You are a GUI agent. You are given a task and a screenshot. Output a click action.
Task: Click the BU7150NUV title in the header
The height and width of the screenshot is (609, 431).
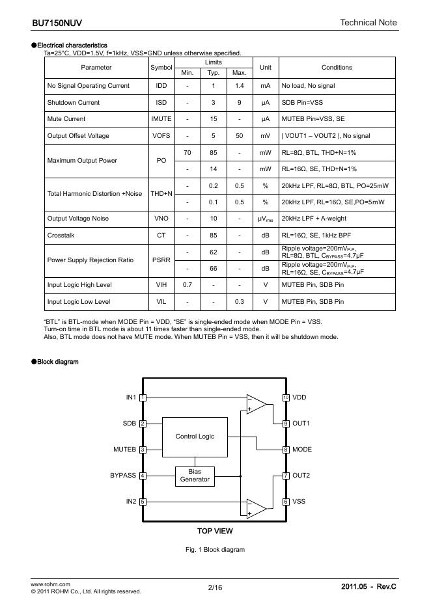57,23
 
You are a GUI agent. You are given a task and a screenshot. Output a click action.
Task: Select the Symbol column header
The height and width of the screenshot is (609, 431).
161,67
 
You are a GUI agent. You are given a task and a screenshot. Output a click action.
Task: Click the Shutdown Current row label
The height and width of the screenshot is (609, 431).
74,102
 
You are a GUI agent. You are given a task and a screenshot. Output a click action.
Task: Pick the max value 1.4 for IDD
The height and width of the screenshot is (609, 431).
240,85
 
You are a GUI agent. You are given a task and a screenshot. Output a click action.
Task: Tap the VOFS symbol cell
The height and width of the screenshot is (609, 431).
161,135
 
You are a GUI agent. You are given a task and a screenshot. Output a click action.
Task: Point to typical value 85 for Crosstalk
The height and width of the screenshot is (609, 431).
213,235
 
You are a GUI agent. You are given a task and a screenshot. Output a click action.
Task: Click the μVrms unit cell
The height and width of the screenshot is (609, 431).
265,219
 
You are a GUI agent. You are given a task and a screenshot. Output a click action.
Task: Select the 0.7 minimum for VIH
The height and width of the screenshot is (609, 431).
188,285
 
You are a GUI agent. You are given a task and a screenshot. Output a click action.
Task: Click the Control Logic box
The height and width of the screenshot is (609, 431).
195,436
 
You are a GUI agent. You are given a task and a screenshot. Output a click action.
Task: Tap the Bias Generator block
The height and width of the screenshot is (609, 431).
195,476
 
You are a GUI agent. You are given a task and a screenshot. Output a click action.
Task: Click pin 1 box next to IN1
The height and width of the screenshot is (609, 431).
143,398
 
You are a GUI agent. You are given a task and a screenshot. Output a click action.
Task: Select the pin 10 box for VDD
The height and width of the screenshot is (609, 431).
286,398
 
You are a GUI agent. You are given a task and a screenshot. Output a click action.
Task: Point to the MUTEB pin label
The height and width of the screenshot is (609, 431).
124,450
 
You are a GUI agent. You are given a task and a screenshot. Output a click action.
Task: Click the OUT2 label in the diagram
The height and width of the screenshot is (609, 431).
301,476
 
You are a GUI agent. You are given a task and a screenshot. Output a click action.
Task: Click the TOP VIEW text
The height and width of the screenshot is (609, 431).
215,531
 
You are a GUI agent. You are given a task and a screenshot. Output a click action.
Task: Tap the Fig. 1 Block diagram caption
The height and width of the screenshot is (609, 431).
215,550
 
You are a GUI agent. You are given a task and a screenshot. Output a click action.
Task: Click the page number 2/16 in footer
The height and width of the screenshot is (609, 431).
215,588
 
